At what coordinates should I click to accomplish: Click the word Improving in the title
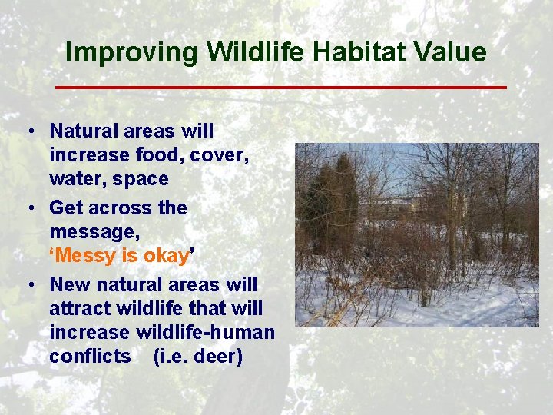(131, 53)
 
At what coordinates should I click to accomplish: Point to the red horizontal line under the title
(281, 87)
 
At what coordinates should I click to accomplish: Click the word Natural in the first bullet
(84, 131)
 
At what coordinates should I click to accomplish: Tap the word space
(141, 180)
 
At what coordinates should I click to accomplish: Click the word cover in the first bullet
(219, 155)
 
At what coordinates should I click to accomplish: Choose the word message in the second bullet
(94, 233)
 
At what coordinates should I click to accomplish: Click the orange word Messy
(85, 257)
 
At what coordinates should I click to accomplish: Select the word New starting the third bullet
(69, 284)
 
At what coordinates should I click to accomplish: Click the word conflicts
(91, 356)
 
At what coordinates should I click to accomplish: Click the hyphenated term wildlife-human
(205, 332)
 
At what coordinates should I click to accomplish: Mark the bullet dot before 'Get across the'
(31, 207)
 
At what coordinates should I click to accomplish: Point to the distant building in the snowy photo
(392, 205)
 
